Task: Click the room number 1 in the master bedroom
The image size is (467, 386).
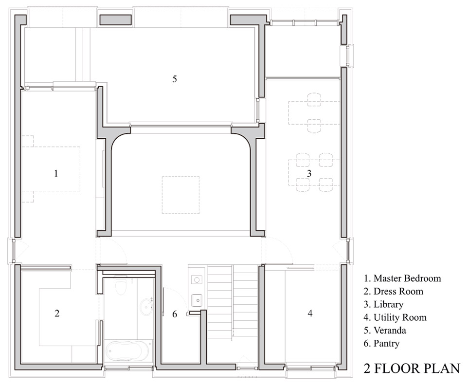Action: click(56, 173)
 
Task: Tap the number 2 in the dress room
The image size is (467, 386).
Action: click(57, 313)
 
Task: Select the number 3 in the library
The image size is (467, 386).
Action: click(309, 173)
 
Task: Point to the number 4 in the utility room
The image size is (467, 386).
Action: click(310, 313)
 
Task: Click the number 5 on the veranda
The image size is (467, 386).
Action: click(175, 79)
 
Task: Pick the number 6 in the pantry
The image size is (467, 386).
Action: click(175, 314)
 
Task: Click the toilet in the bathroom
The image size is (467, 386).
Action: click(121, 286)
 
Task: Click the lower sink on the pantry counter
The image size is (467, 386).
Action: click(197, 300)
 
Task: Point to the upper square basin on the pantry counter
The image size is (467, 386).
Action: click(197, 280)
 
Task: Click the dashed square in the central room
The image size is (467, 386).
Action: click(181, 195)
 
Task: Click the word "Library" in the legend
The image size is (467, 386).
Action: click(388, 304)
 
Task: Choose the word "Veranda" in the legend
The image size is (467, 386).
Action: click(390, 330)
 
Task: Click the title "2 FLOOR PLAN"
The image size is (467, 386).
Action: click(412, 368)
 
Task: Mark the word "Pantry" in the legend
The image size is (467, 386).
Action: click(386, 343)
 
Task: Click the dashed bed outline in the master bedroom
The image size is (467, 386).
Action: click(51, 169)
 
